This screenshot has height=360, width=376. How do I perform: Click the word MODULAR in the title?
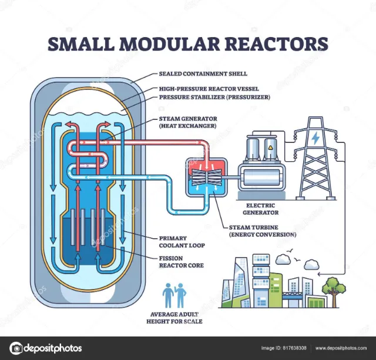[187, 45]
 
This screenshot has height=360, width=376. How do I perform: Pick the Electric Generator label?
[260, 209]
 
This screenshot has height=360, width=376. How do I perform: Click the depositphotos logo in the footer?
[46, 347]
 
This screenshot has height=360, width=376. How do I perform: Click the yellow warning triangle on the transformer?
[271, 149]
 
